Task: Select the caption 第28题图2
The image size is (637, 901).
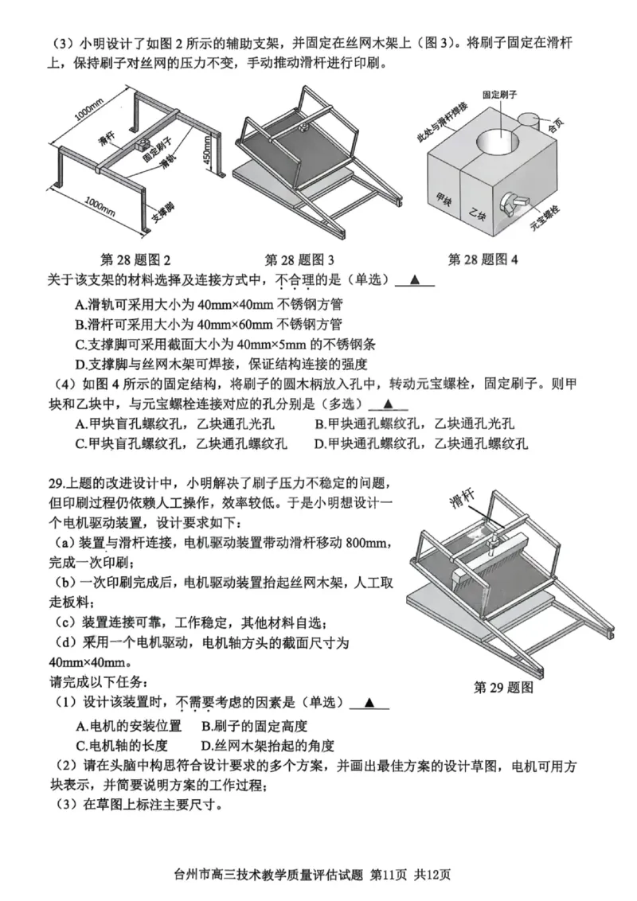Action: (136, 259)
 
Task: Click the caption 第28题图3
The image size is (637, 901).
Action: (299, 259)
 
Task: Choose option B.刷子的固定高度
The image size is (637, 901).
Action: (254, 725)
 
